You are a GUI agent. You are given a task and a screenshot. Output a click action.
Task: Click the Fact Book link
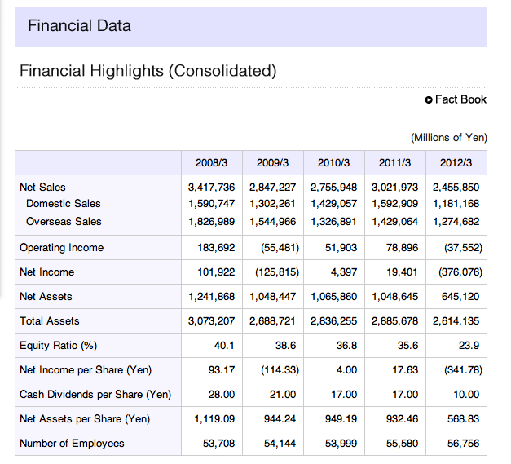(x=456, y=99)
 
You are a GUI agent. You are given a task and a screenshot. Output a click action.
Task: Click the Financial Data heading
(x=79, y=26)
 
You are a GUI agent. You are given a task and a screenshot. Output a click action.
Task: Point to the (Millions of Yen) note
(x=449, y=138)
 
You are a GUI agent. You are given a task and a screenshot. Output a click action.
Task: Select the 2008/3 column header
(x=212, y=163)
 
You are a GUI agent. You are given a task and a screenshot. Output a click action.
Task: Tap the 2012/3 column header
(x=456, y=163)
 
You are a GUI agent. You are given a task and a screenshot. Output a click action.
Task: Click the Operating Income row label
(x=62, y=247)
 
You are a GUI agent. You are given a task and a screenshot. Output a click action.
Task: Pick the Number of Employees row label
(x=72, y=443)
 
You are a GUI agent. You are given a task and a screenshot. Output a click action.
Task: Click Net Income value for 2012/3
(x=460, y=272)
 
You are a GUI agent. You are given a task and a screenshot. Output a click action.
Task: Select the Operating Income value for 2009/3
(x=280, y=247)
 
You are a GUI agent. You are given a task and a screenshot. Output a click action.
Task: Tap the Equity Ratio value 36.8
(x=346, y=345)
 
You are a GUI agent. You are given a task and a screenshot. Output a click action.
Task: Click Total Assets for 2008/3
(x=212, y=321)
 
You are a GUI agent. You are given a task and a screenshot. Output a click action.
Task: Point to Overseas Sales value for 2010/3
(x=333, y=222)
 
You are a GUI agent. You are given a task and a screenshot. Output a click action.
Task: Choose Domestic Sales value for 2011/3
(x=395, y=204)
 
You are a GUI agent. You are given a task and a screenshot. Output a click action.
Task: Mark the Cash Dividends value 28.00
(x=222, y=394)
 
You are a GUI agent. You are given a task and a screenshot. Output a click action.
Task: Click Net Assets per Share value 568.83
(x=464, y=418)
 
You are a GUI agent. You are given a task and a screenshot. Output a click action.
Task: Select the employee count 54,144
(x=280, y=444)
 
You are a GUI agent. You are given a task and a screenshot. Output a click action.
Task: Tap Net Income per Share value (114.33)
(x=280, y=369)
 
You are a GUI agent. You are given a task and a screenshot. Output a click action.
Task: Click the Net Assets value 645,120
(x=460, y=297)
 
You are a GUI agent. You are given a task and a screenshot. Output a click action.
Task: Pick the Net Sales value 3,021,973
(x=395, y=188)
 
